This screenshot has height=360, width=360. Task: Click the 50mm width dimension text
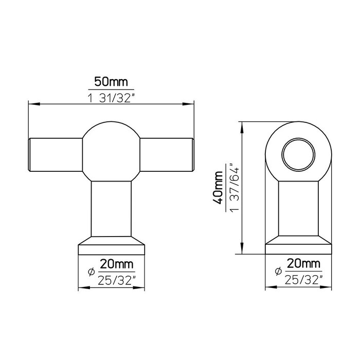(x=111, y=81)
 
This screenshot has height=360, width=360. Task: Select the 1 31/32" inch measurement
(x=111, y=97)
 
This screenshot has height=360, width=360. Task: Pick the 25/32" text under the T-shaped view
(x=116, y=280)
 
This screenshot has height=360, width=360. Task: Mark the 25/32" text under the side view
(x=303, y=280)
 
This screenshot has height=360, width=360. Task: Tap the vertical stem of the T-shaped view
(x=111, y=208)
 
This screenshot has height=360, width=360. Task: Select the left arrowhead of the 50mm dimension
(x=30, y=105)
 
